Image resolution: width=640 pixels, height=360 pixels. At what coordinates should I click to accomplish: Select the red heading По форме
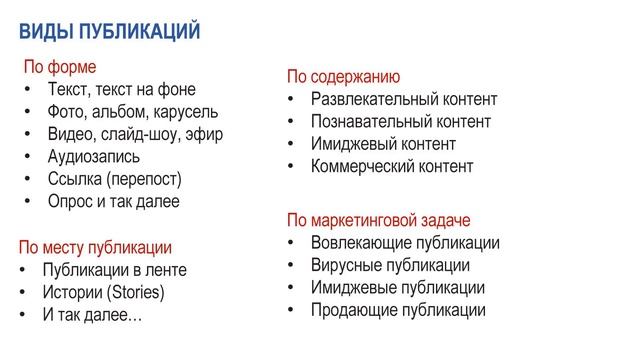pyautogui.click(x=60, y=68)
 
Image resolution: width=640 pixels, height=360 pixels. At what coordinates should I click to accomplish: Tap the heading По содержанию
pyautogui.click(x=343, y=77)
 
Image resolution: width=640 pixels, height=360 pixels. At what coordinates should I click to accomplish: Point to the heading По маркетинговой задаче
pyautogui.click(x=378, y=220)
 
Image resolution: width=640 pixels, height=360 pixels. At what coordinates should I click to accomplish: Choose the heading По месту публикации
pyautogui.click(x=95, y=247)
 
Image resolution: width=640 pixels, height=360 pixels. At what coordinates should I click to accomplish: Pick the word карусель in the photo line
pyautogui.click(x=185, y=112)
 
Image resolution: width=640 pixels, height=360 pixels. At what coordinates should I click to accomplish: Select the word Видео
pyautogui.click(x=69, y=134)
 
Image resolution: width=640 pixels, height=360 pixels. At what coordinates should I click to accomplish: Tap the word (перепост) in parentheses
pyautogui.click(x=144, y=179)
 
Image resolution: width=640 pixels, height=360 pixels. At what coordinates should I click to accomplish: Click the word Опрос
pyautogui.click(x=70, y=201)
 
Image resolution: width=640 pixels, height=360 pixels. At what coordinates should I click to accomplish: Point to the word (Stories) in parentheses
pyautogui.click(x=131, y=293)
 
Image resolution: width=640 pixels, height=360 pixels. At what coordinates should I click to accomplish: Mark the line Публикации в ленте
pyautogui.click(x=114, y=270)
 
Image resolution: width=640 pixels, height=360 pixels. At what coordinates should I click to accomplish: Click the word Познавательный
pyautogui.click(x=367, y=122)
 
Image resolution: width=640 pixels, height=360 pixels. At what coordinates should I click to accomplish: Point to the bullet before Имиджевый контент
pyautogui.click(x=289, y=145)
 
